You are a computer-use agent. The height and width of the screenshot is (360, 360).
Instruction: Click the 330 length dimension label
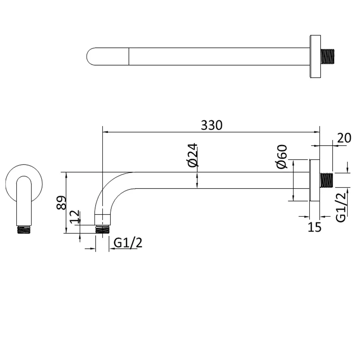(211, 125)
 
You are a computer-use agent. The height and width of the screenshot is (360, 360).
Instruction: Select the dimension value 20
(344, 138)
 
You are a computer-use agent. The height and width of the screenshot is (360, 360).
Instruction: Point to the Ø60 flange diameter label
(282, 157)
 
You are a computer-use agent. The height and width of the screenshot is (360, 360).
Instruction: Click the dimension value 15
(314, 227)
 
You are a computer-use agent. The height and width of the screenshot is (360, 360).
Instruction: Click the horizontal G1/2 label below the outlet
(128, 243)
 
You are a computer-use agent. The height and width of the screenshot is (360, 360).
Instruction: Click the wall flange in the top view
(315, 57)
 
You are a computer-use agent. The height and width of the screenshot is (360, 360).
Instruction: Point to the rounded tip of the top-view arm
(91, 57)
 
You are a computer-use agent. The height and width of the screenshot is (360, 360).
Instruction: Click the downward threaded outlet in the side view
(102, 229)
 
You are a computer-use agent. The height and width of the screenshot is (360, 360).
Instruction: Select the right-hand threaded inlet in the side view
(326, 180)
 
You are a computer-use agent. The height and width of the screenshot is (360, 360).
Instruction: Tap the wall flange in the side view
(315, 180)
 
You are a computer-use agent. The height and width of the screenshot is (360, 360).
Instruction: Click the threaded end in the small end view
(24, 230)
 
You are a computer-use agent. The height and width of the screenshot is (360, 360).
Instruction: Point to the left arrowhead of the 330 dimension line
(105, 132)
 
